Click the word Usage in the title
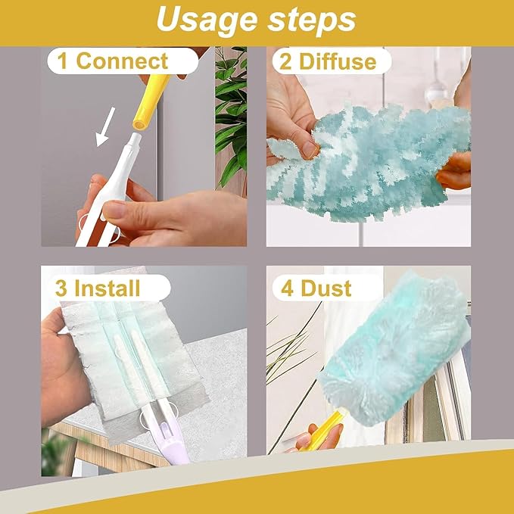click(x=207, y=21)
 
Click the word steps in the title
click(x=311, y=20)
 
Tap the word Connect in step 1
click(x=122, y=61)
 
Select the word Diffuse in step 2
click(x=338, y=61)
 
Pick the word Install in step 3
click(x=107, y=288)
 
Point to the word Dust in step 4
click(x=326, y=288)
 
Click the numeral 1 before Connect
click(x=62, y=61)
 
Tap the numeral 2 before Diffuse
click(x=285, y=61)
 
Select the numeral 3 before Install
click(x=61, y=288)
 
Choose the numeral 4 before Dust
click(x=287, y=288)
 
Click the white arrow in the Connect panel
click(x=105, y=126)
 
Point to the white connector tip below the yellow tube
click(x=135, y=140)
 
